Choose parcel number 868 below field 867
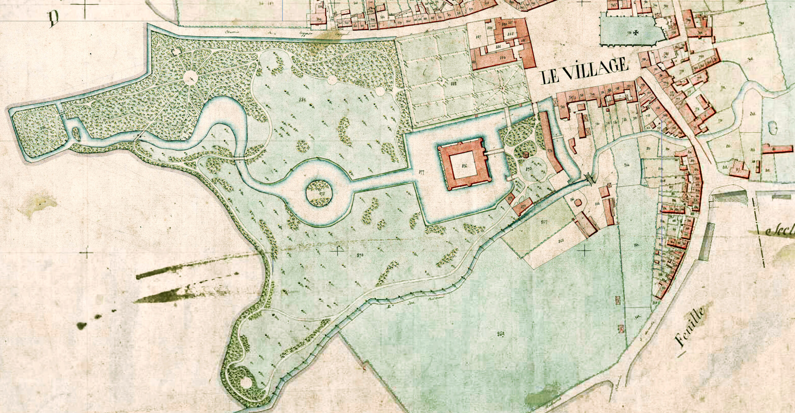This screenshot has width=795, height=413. click(561, 241)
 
